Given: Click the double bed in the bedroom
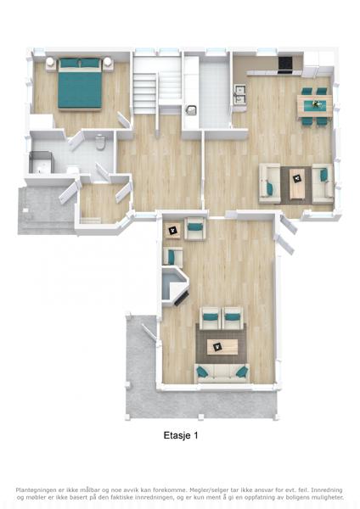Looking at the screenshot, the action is coord(80,84).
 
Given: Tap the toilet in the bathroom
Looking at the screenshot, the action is coord(100,143).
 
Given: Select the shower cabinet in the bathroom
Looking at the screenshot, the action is coord(41,162).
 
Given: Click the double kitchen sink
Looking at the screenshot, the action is coord(240,94).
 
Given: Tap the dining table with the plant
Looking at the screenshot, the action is coord(315,105).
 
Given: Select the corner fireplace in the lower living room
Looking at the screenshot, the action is coord(175,287).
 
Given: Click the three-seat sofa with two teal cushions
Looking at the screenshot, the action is coord(222,373).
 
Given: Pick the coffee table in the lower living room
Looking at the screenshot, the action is coord(222,347).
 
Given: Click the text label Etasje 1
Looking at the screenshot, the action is coord(181,435).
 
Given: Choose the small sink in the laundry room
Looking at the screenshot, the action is coord(191,110).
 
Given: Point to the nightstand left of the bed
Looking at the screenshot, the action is coord(50,64).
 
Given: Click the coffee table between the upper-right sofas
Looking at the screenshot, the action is coord(296,183).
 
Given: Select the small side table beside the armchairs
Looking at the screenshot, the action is coord(172,231).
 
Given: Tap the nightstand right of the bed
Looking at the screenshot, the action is coord(108,64).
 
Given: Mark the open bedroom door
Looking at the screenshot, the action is coord(123,120).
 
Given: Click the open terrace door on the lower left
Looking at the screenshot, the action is coord(149,333).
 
